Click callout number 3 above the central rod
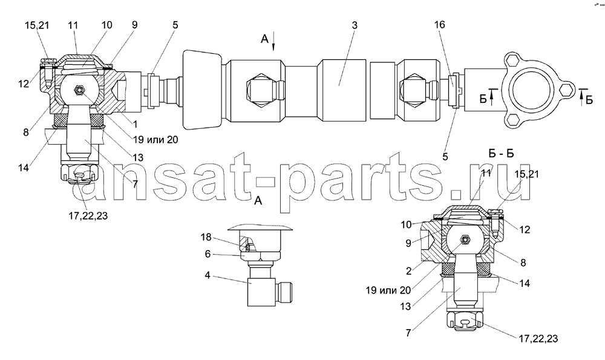tap(354, 25)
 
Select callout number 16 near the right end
tap(439, 25)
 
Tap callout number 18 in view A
tap(206, 237)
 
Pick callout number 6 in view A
tap(208, 254)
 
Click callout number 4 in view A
tap(208, 277)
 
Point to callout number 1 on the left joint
tap(134, 124)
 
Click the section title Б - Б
tap(501, 154)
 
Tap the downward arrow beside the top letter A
tap(273, 41)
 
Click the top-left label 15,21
tap(37, 25)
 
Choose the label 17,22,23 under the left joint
tap(88, 215)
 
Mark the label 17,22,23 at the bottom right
tap(538, 339)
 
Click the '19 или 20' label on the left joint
tap(156, 139)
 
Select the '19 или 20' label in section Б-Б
tap(388, 290)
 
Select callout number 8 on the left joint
tap(26, 132)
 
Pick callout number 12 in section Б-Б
tap(525, 229)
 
